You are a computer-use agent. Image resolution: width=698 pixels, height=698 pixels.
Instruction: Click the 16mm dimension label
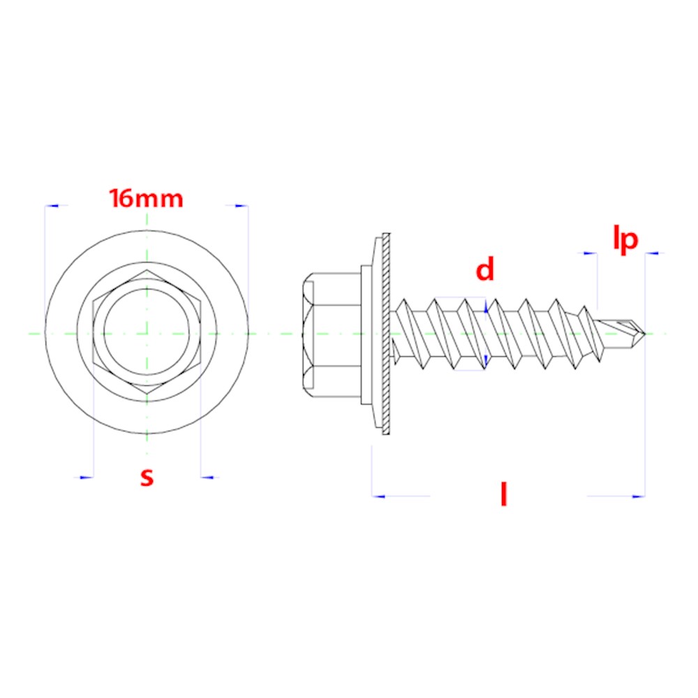(147, 199)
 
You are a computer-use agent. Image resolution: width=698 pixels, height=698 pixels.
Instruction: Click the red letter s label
(147, 477)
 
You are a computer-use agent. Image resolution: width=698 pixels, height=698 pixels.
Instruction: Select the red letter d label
(485, 269)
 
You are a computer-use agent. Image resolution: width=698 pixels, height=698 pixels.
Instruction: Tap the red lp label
(625, 239)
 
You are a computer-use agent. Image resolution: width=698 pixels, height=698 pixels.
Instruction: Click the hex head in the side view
(332, 333)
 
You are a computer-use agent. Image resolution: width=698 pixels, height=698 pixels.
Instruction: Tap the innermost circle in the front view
(147, 333)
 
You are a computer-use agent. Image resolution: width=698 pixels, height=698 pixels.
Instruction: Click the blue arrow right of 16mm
(240, 206)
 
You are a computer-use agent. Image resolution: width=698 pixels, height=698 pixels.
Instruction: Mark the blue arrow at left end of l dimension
(379, 496)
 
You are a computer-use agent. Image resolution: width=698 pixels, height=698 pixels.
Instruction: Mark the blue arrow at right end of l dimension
(637, 496)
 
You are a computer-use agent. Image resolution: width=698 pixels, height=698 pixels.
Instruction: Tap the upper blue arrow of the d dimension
(486, 304)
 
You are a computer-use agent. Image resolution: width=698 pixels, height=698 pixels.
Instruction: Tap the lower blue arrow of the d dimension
(486, 361)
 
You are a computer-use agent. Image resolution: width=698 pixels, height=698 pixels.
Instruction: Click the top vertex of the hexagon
(147, 268)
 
